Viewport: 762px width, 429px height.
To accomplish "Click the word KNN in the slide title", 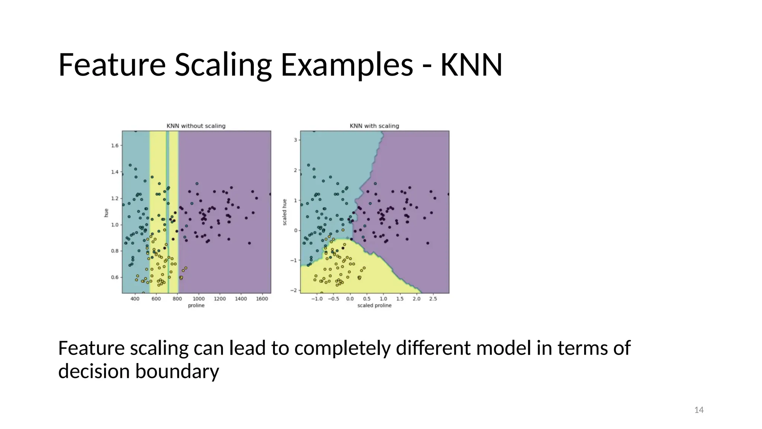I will click(x=471, y=65).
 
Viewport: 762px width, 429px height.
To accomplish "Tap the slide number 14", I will click(x=699, y=410).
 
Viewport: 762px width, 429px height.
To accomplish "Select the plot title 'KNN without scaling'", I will click(x=196, y=126).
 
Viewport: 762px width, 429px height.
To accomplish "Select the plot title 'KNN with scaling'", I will click(x=374, y=126).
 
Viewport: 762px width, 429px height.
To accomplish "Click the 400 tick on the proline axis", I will click(x=135, y=299).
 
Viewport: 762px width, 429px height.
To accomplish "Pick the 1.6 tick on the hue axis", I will click(x=115, y=146).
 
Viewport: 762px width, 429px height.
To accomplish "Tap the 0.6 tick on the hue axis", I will click(x=115, y=277).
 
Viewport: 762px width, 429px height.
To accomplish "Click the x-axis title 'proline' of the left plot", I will click(x=196, y=305).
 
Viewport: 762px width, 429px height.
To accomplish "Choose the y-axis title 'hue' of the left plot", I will click(x=106, y=213).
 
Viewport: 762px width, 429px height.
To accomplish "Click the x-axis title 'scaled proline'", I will click(x=374, y=305).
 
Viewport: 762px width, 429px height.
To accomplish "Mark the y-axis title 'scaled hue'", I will click(x=285, y=212).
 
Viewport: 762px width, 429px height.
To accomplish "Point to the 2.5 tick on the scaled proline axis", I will click(x=433, y=299).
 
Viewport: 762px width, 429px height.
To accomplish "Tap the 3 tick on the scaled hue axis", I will click(x=295, y=140).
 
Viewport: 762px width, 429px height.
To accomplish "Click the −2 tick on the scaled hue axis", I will click(x=294, y=290).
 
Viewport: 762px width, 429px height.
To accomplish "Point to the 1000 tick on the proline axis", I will click(x=199, y=299).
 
